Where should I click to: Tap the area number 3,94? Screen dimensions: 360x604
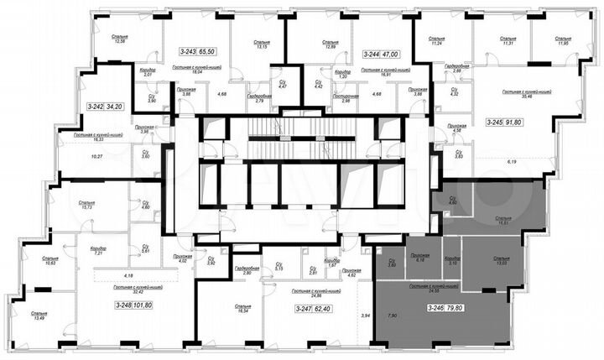pyautogui.click(x=364, y=315)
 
